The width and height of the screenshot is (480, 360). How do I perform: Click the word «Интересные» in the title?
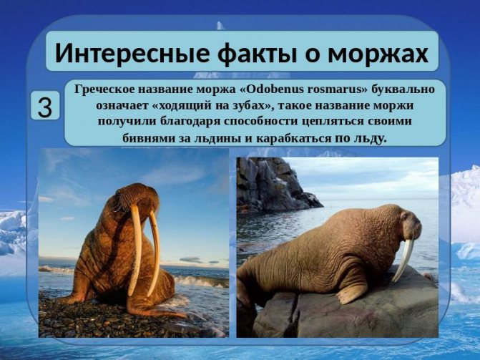click(132, 53)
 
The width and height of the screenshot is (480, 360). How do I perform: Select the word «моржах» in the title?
click(378, 53)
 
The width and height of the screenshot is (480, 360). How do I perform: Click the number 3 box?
click(45, 106)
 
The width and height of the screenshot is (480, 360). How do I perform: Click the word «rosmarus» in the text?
click(333, 89)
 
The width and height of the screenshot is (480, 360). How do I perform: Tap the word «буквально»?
click(403, 89)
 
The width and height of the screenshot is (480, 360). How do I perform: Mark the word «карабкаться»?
click(293, 138)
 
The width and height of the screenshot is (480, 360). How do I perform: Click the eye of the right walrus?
click(406, 217)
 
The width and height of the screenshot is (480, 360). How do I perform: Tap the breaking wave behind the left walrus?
click(201, 281)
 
